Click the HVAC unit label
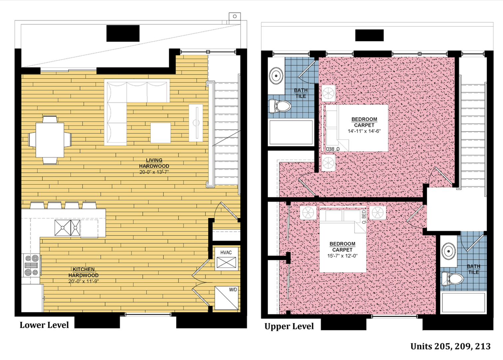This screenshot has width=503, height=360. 226,253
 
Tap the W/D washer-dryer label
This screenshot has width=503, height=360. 233,290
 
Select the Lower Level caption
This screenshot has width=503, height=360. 44,325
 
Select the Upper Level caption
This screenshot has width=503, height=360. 289,326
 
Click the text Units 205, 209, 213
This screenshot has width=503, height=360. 450,346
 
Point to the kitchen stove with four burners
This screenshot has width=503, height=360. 32,266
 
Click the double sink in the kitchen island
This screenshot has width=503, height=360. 67,228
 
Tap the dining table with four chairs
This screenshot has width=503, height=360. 50,140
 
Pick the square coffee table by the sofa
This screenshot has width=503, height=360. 160,133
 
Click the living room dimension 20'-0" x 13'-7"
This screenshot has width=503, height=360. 154,172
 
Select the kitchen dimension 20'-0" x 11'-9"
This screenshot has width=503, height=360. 84,281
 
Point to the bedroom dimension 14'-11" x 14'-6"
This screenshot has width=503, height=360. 364,131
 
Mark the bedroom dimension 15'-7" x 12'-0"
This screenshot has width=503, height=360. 342,256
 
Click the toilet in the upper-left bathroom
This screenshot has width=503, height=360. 280,106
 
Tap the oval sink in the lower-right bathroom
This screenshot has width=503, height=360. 449,251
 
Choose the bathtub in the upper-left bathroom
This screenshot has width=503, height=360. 291,132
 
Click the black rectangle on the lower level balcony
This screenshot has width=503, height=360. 123,33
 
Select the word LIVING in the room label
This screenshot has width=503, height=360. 154,160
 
